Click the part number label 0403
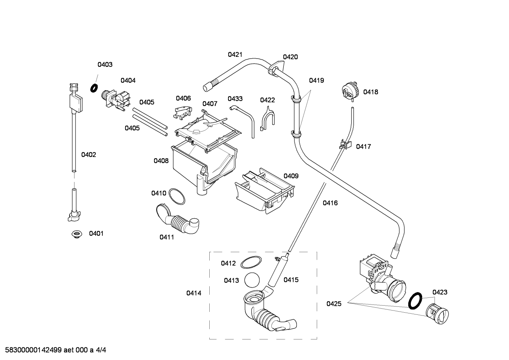(x=105, y=65)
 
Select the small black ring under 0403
(x=94, y=88)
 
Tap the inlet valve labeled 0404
(x=116, y=101)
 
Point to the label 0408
(x=161, y=161)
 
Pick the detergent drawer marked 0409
(x=264, y=190)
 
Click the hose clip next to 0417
(x=345, y=144)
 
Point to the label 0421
(x=235, y=54)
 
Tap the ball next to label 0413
(x=252, y=280)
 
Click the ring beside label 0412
(x=251, y=262)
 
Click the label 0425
(x=334, y=304)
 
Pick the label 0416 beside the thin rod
(x=330, y=203)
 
